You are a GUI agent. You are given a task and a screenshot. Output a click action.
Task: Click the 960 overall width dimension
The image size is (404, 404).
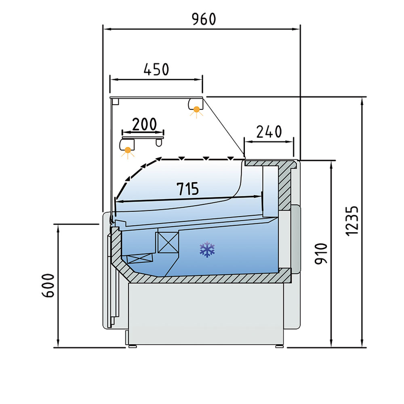point(204,19)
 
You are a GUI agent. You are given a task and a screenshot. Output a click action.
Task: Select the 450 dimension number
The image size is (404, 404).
point(156,69)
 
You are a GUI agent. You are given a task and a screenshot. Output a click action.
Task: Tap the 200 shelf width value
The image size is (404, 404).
point(144,124)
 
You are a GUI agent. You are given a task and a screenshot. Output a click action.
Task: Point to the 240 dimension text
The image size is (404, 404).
point(269,132)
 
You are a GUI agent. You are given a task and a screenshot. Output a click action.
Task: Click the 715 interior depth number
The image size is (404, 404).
point(188,189)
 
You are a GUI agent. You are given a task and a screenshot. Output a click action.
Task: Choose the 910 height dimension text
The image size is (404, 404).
point(321,254)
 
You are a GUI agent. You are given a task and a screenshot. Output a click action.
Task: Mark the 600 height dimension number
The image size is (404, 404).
point(48,286)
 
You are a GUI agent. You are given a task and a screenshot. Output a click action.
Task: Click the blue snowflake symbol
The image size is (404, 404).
point(207,249)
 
